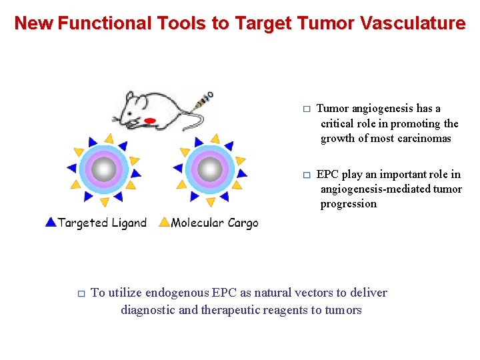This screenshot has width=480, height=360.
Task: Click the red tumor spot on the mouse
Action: pyautogui.click(x=150, y=121)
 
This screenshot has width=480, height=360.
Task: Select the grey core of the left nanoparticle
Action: pyautogui.click(x=103, y=169)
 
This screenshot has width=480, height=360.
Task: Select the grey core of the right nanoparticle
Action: pyautogui.click(x=211, y=169)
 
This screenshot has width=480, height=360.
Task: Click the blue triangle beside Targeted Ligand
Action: pyautogui.click(x=51, y=222)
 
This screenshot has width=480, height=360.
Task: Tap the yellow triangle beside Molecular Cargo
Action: pyautogui.click(x=165, y=222)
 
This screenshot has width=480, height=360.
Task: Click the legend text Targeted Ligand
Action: pyautogui.click(x=102, y=223)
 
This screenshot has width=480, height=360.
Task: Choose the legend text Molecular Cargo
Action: pyautogui.click(x=214, y=223)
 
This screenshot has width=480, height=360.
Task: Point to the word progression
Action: pyautogui.click(x=348, y=204)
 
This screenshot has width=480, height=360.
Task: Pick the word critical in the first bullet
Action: pyautogui.click(x=338, y=123)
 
